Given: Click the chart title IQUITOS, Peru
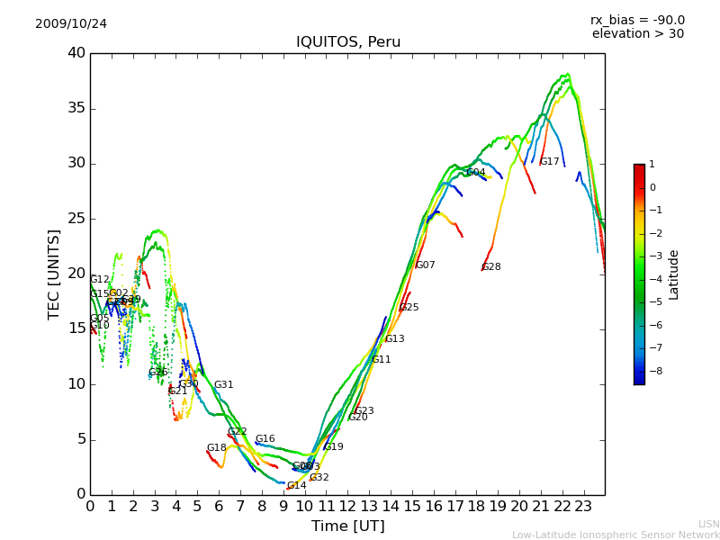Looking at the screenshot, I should (348, 42).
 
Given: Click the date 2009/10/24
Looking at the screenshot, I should (71, 24).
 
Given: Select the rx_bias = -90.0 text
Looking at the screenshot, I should (637, 21).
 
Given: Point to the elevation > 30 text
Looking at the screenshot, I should (637, 34).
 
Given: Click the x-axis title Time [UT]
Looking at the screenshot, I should (347, 526).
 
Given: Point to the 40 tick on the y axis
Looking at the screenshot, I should (76, 53).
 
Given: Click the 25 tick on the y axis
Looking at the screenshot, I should (76, 219).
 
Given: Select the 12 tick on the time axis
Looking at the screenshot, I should (347, 507).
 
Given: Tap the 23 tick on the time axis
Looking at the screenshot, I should (583, 507).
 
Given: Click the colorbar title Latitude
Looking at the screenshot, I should (674, 274).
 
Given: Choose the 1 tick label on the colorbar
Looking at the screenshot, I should (652, 165).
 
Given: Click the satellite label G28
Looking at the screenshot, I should (491, 267).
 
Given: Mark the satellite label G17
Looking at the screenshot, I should (549, 162).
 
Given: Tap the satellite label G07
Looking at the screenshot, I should (425, 265).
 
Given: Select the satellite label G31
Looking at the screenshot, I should (223, 385).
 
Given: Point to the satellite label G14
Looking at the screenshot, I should (296, 486).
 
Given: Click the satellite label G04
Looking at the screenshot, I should (475, 173).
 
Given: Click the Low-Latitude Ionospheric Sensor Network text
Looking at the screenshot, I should (616, 535).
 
